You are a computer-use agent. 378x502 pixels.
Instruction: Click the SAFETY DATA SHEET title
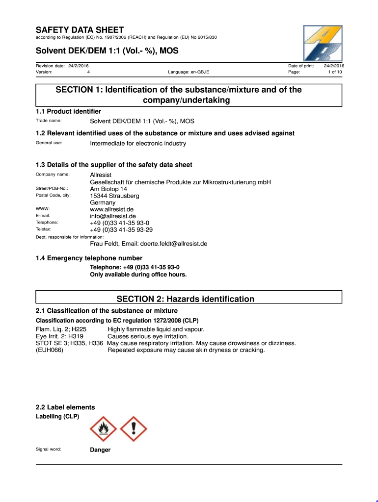coord(80,30)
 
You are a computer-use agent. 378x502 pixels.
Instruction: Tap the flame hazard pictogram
coord(103,429)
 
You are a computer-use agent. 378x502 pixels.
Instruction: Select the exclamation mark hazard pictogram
coord(134,429)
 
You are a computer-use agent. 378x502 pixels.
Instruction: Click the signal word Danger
coord(100,450)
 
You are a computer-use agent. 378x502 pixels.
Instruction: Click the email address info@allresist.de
coord(113,216)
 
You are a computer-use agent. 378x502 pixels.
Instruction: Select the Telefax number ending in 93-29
coord(121,229)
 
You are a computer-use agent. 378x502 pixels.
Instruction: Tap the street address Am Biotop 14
coord(108,189)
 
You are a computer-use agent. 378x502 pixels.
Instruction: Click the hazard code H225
coord(77,329)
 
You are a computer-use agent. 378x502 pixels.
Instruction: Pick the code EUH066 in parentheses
coord(50,350)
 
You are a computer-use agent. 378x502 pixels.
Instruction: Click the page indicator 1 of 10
coord(335,72)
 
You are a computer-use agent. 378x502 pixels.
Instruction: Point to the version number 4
coord(88,72)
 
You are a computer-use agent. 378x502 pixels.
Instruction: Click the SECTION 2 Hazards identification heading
coord(186,299)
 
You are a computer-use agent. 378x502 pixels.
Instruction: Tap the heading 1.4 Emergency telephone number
coord(89,258)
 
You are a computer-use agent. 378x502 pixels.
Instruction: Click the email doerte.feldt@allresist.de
coord(174,243)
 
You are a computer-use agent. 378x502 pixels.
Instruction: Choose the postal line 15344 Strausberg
coord(114,196)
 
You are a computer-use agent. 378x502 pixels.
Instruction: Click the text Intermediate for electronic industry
coord(138,143)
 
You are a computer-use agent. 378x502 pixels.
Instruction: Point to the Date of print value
coord(334,65)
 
